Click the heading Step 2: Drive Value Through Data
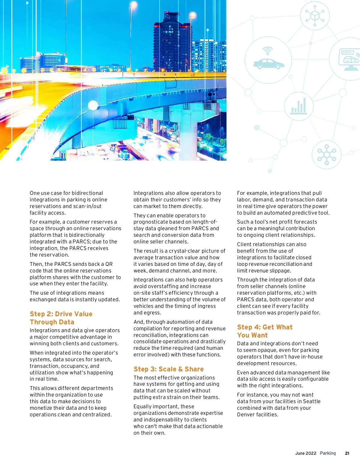pos(61,318)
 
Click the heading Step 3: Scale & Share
pos(168,369)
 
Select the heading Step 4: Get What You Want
pos(265,331)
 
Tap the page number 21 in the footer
pos(347,453)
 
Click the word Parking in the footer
pos(328,453)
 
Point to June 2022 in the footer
pos(305,453)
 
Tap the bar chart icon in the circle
pos(298,106)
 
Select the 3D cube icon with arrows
pos(315,16)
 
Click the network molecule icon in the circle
pos(326,155)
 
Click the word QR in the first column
pos(109,264)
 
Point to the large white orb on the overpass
pos(93,106)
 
